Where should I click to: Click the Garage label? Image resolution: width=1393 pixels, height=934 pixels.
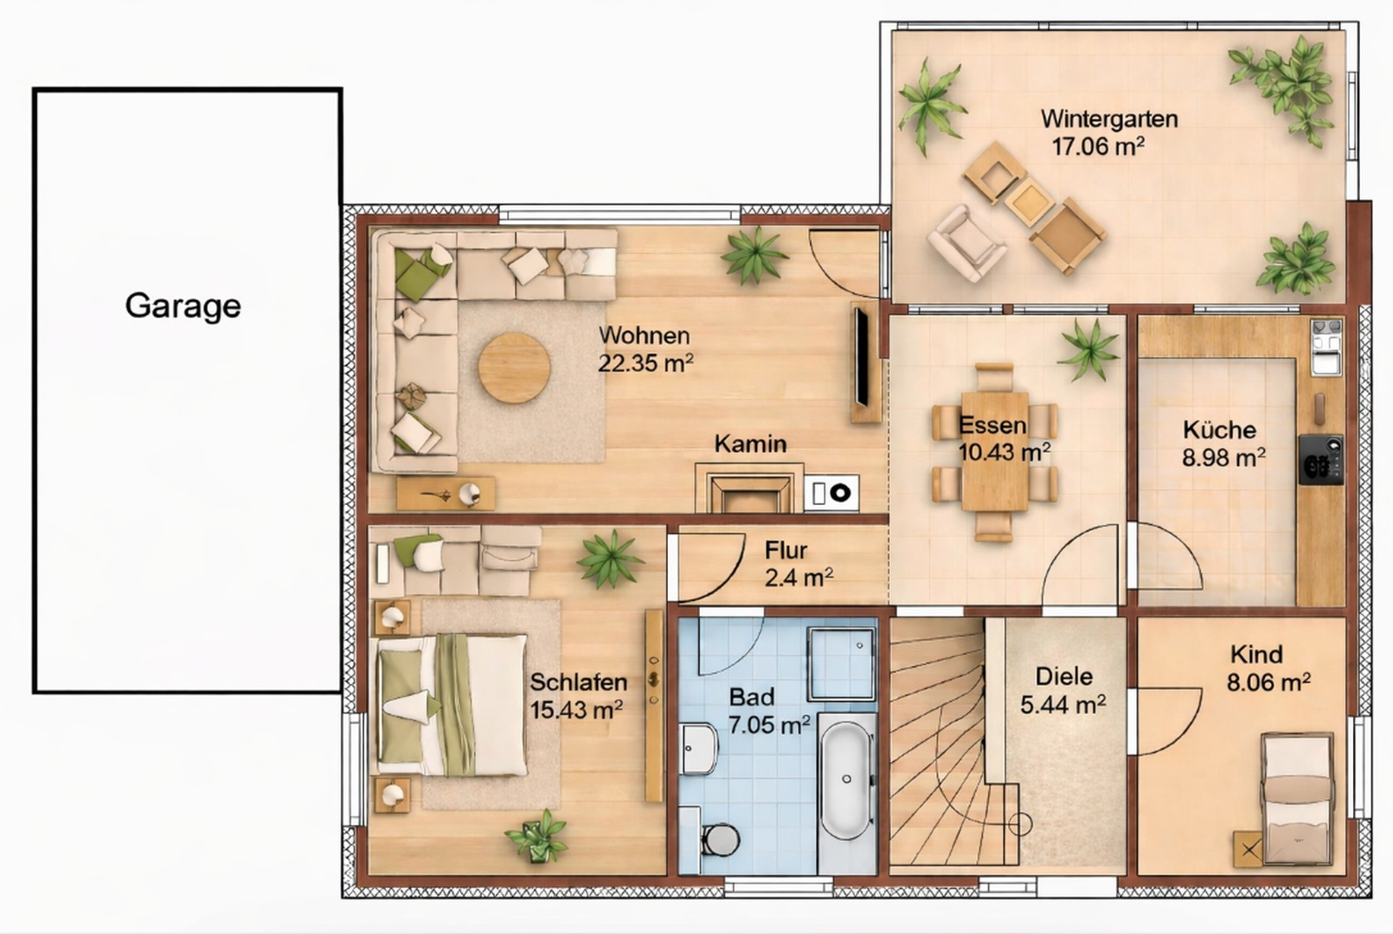coord(183,306)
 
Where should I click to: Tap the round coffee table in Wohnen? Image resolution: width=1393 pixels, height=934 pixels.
coord(514,368)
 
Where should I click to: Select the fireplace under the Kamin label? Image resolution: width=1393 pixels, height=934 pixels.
coord(748,489)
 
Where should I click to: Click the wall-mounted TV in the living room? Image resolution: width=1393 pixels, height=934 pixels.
coord(861,356)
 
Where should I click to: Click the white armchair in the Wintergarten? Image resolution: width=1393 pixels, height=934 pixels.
coord(966,243)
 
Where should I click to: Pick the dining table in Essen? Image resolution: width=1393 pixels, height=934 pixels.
coord(994,451)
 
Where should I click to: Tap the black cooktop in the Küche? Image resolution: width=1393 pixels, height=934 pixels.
coord(1321,460)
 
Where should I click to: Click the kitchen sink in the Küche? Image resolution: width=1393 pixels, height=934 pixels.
coord(1327,347)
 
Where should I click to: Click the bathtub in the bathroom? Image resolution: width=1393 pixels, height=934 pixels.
coord(846,781)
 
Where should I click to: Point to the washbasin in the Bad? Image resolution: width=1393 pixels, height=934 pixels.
coord(697,748)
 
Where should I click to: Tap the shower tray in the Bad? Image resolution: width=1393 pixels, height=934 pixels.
coord(842,663)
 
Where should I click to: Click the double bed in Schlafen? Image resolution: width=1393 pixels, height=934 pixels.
coord(452,706)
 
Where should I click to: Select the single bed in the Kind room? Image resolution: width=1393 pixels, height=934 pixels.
coord(1297,799)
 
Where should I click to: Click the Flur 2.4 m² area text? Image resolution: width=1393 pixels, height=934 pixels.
coord(799,564)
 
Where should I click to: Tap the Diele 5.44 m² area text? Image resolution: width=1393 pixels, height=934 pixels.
coord(1063,690)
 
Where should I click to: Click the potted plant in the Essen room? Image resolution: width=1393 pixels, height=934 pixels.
coord(1089,349)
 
